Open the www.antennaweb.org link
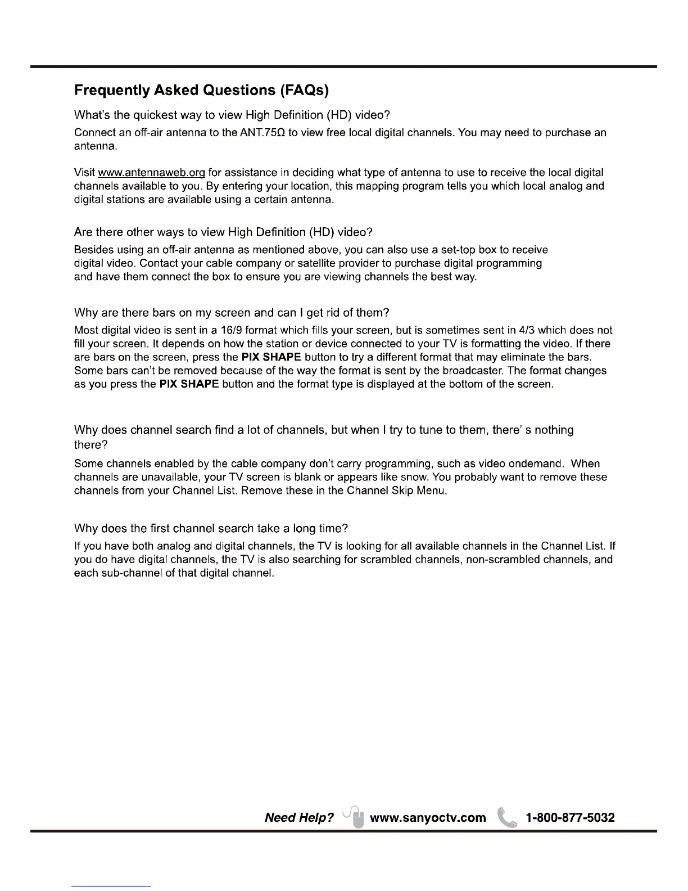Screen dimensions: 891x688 [151, 172]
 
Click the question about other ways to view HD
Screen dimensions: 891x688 [223, 232]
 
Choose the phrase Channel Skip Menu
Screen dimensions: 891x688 [396, 491]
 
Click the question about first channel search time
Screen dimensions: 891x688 [211, 529]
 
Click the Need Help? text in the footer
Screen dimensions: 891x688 [299, 817]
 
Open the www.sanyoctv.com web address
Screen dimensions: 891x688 [428, 817]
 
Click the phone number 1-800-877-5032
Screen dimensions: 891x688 [569, 817]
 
